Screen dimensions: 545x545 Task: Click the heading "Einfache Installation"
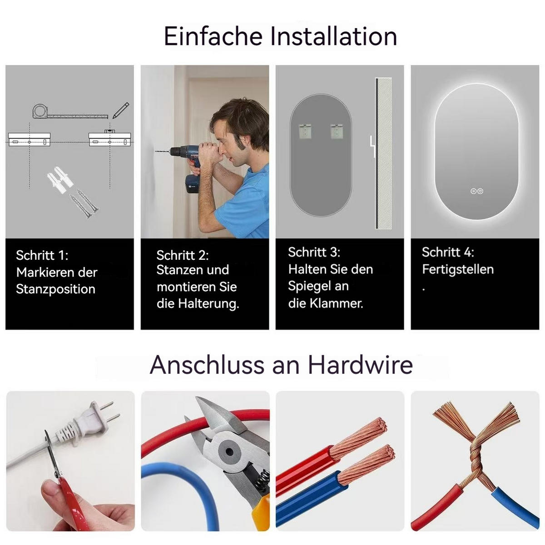click(280, 36)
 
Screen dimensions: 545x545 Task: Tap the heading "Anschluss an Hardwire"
click(281, 365)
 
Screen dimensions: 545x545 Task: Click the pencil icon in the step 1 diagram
click(121, 110)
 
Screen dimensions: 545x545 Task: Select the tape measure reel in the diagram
click(40, 111)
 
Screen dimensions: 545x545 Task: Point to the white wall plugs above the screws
click(60, 179)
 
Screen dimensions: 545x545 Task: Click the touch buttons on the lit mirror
click(476, 192)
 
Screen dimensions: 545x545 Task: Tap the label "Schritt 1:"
click(42, 255)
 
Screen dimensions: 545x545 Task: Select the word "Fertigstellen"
click(458, 269)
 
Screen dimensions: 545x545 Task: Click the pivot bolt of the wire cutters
click(230, 452)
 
